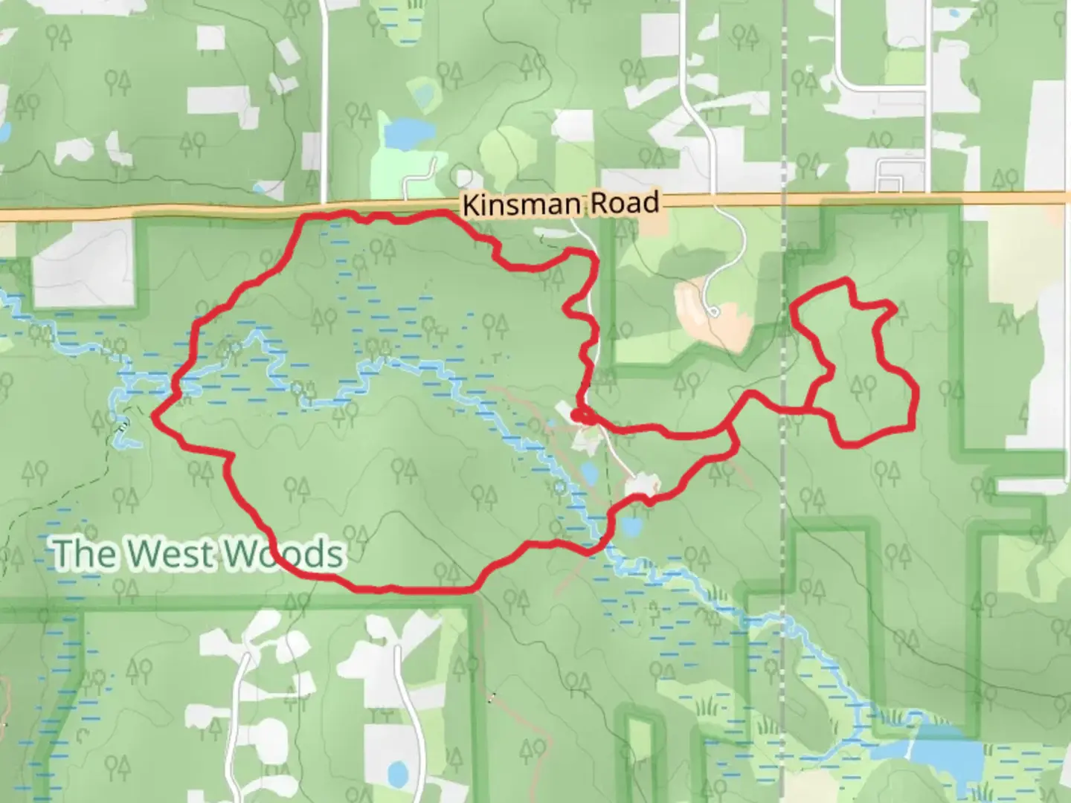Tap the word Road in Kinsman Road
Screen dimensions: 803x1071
pyautogui.click(x=625, y=202)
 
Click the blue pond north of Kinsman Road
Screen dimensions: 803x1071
pyautogui.click(x=402, y=134)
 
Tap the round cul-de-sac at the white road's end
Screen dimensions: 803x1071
pyautogui.click(x=713, y=312)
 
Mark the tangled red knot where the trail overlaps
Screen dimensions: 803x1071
pyautogui.click(x=581, y=415)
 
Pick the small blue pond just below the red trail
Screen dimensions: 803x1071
pyautogui.click(x=631, y=526)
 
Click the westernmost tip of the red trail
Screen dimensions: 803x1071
pyautogui.click(x=154, y=416)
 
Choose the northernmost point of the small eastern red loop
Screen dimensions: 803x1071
pyautogui.click(x=843, y=280)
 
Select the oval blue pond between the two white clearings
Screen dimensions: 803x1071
pyautogui.click(x=589, y=471)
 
